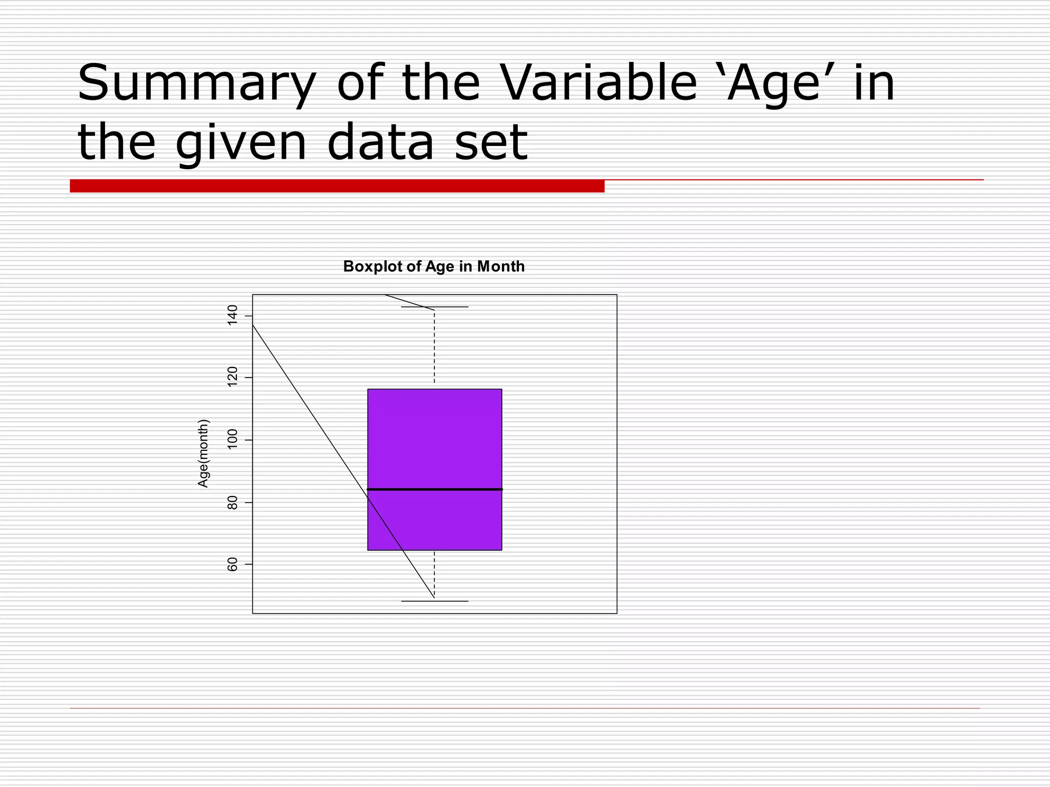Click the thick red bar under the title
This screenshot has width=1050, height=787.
coord(337,186)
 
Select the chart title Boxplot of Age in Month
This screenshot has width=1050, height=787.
coord(434,266)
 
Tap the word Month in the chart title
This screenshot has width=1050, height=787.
coord(500,266)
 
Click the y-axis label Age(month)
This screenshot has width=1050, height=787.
coord(204,453)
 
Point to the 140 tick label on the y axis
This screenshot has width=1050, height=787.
coord(232,315)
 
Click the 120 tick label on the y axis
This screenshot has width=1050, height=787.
coord(232,377)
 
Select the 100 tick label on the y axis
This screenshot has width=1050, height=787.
coord(232,440)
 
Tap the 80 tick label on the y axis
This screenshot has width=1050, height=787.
coord(232,502)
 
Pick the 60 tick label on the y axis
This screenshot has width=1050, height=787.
coord(232,564)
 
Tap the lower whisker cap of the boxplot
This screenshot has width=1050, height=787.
coord(435,601)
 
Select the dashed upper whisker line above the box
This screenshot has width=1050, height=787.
coord(435,348)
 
